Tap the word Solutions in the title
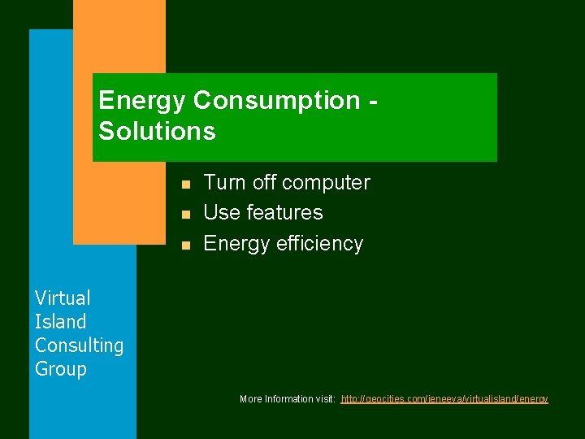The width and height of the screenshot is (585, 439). pos(157,131)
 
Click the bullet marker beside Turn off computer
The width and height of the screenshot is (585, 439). pos(185,184)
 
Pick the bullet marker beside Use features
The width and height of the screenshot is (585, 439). pos(185,214)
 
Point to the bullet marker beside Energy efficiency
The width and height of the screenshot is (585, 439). pos(185,245)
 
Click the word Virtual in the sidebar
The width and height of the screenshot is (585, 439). pos(63,298)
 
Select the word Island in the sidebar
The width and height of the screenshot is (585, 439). pos(60,322)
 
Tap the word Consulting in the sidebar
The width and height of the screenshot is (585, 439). pos(79,346)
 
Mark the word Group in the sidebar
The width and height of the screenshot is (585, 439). pos(60,369)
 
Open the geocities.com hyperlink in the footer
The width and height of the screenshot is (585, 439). pos(444,399)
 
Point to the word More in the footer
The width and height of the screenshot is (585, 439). pos(251,399)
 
